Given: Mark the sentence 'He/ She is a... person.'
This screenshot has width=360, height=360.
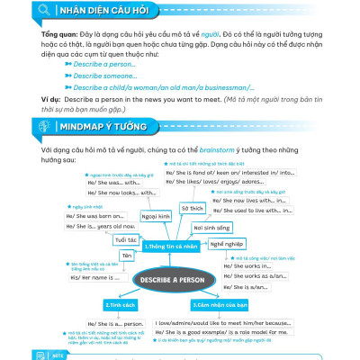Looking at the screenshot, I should pyautogui.click(x=113, y=321).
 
